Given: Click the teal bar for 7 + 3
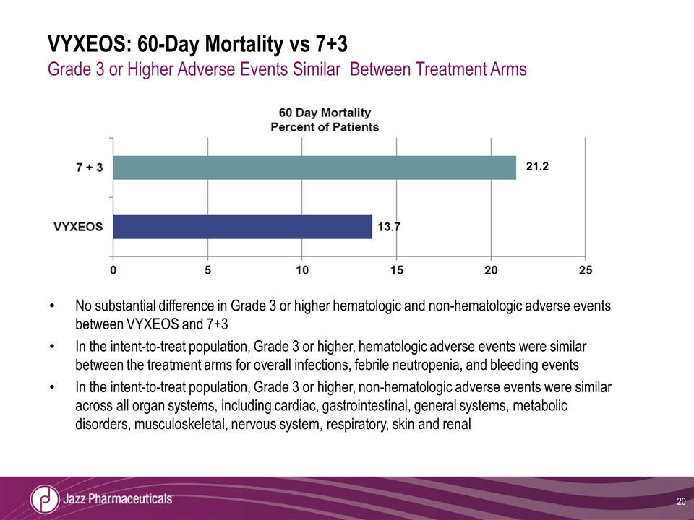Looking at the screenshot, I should [314, 168].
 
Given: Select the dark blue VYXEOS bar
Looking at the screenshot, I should [243, 226].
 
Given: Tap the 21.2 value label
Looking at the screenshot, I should [538, 167].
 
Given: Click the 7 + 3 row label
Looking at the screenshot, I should [90, 168].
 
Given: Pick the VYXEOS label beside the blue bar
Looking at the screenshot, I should [79, 227].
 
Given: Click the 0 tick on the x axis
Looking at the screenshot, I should [113, 270].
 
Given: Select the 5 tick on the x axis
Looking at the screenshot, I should [208, 270].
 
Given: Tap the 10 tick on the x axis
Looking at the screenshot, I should [302, 270].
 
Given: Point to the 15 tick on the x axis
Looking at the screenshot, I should [397, 270].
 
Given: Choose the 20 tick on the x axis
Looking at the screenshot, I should [492, 270].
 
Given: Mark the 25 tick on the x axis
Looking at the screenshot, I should [586, 270].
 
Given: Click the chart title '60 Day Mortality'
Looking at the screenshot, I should [325, 113].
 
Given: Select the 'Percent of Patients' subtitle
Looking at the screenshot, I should [325, 126].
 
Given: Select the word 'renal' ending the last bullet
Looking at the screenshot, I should [455, 424].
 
